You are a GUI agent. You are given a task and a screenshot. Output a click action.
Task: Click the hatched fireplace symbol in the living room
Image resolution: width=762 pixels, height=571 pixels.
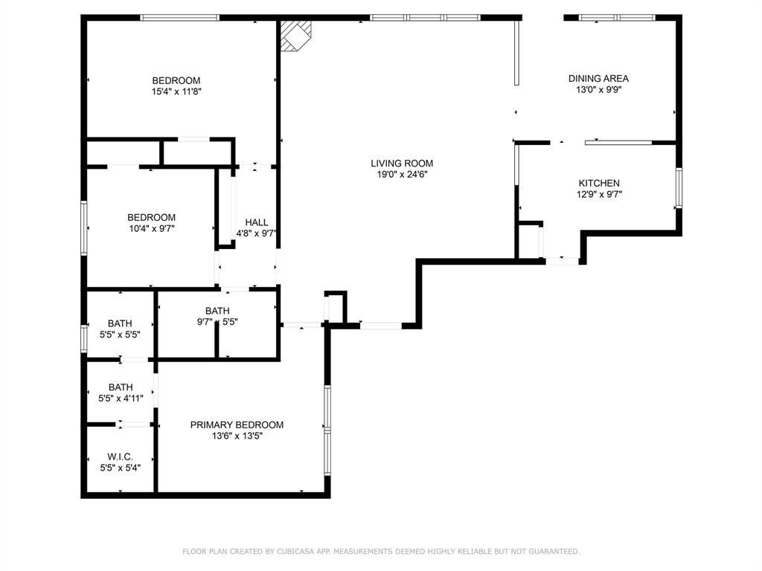coord(295,35)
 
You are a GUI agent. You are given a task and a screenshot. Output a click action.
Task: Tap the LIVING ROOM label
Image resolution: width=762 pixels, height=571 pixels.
coord(402,164)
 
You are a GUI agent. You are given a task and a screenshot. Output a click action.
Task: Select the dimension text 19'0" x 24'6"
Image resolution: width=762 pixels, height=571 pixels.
coord(402,175)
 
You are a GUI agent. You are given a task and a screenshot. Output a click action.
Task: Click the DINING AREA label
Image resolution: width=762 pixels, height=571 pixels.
coord(599,79)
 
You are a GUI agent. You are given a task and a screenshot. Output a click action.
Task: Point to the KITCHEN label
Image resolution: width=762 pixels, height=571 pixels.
coord(599,184)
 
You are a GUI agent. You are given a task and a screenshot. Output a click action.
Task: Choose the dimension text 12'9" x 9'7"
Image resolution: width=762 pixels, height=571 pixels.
coord(599,195)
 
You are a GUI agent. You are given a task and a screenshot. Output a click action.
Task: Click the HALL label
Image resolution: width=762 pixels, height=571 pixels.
coord(257,222)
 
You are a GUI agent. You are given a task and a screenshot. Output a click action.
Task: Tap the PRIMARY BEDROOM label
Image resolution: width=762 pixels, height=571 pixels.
coord(237,425)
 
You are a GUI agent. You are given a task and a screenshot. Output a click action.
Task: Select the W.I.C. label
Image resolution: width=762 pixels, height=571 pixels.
coord(120,457)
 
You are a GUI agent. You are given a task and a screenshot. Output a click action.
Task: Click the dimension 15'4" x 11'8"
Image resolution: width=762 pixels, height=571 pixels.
coord(176,91)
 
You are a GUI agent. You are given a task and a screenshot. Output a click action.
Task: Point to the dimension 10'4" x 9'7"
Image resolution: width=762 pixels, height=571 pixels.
coord(152,229)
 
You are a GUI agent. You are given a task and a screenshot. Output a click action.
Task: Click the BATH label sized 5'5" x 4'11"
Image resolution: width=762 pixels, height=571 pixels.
coord(121,387)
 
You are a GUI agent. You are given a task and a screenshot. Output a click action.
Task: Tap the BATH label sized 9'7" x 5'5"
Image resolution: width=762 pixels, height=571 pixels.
coord(217,311)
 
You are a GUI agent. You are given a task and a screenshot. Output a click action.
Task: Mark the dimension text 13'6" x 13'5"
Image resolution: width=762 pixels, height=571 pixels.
coord(237,436)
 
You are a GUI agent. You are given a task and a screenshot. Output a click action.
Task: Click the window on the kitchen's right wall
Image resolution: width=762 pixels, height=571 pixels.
coord(679,188)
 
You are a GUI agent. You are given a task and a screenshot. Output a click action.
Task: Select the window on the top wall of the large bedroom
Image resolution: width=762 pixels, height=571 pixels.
coord(180,18)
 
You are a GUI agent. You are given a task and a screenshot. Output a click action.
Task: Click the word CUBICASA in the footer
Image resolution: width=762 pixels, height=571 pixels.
coord(295,552)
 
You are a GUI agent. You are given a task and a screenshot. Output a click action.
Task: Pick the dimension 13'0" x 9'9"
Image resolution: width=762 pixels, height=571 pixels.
coord(599,90)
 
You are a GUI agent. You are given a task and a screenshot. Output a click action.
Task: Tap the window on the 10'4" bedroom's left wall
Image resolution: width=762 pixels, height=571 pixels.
coord(84,228)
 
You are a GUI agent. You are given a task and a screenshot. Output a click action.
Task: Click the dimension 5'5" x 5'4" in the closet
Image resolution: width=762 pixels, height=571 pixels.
coord(121,468)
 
